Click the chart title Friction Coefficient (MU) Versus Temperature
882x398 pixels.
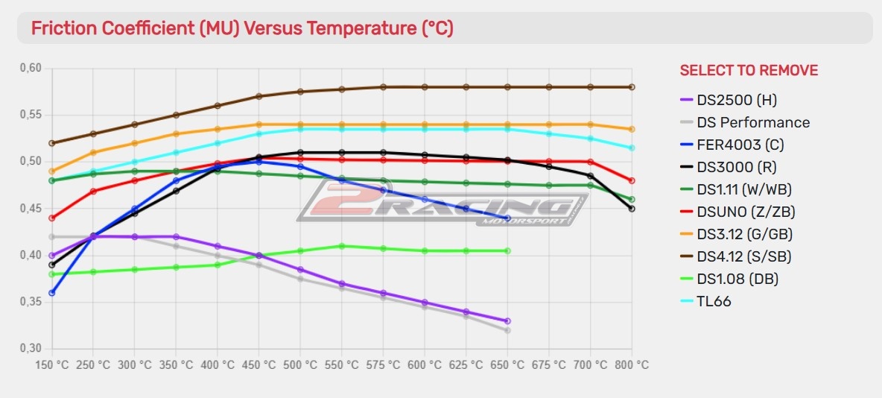(242, 28)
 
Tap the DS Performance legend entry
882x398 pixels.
(753, 122)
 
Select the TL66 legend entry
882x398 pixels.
(714, 301)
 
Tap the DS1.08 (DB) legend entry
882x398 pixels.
(738, 279)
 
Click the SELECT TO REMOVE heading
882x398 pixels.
(749, 71)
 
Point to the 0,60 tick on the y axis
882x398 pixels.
(31, 69)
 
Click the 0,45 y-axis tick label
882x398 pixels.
(31, 209)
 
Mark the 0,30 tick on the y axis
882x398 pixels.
(31, 349)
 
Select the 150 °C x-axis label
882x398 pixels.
(52, 365)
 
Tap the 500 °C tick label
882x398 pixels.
(300, 365)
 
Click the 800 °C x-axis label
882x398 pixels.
(632, 365)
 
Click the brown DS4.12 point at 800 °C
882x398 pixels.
(632, 87)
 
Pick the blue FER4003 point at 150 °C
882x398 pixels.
(51, 293)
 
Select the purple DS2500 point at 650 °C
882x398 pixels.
(507, 320)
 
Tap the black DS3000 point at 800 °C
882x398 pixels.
(632, 209)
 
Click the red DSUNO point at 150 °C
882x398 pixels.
(51, 218)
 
